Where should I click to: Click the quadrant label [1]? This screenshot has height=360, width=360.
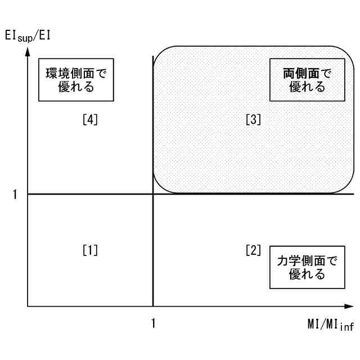(89, 249)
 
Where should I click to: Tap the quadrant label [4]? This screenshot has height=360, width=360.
(89, 119)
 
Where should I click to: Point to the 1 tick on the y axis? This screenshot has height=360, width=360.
(15, 194)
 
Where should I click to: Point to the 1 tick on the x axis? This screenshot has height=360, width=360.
(153, 323)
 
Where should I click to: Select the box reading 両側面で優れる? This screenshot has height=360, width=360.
(307, 79)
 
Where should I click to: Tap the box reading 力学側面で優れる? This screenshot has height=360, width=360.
(307, 267)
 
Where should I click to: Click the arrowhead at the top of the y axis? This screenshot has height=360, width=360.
(28, 52)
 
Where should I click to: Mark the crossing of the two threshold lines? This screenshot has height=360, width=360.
(153, 194)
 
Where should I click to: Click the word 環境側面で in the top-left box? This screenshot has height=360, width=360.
(76, 73)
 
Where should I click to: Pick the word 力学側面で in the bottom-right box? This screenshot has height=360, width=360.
(307, 261)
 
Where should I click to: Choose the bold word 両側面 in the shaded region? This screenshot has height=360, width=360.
(298, 73)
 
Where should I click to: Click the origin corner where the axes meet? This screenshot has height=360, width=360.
(28, 307)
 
